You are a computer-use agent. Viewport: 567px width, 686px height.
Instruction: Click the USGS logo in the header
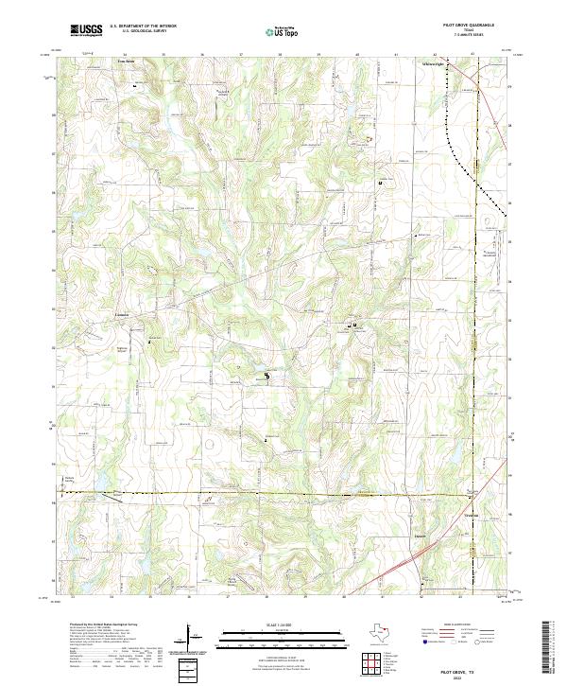(87, 30)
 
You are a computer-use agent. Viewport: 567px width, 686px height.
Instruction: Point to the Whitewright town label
(432, 63)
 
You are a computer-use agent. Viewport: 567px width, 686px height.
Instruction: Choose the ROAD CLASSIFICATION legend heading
(454, 625)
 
